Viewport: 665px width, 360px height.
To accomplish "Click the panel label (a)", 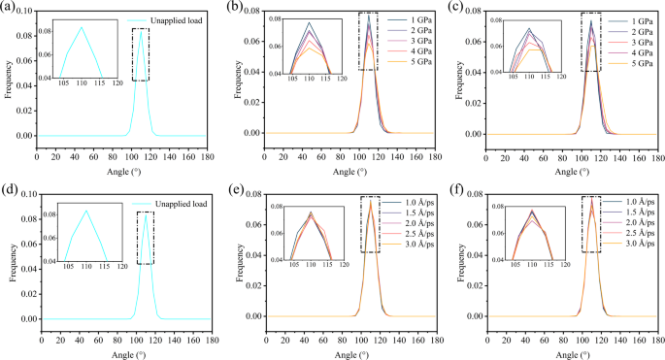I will [x=11, y=10].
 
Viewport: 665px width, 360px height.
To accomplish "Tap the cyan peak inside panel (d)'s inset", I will [x=85, y=211].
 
